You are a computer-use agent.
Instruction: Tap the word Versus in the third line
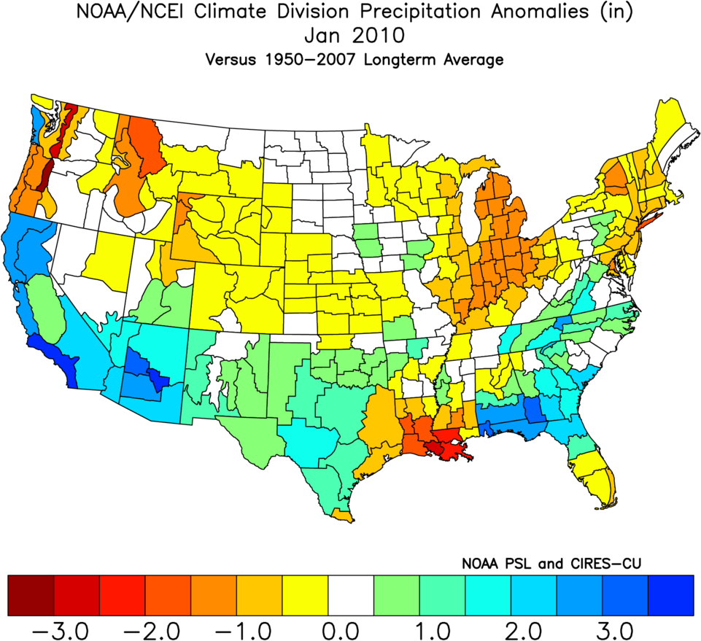(230, 60)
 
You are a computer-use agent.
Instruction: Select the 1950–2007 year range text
(316, 60)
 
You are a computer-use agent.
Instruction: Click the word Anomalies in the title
(529, 12)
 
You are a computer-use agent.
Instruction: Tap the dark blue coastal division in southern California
(53, 355)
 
